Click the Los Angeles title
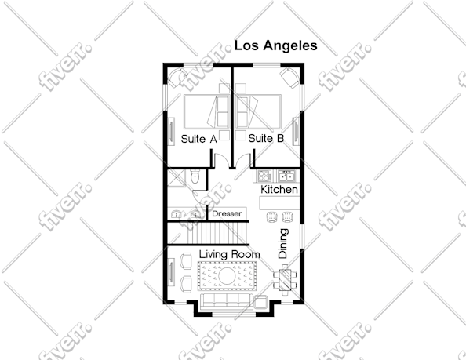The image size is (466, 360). click(x=276, y=45)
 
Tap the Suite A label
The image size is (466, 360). click(x=198, y=139)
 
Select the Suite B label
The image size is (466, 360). click(x=266, y=138)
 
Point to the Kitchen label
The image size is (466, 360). click(x=279, y=190)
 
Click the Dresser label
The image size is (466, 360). click(x=227, y=213)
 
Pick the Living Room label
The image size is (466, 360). click(x=229, y=254)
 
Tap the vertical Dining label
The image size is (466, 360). click(x=283, y=243)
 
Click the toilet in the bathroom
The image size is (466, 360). click(x=195, y=176)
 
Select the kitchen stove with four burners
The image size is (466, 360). click(x=264, y=176)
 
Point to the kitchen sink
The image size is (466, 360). click(x=286, y=176)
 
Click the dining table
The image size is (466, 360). click(x=286, y=280)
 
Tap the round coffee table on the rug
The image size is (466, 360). click(x=227, y=276)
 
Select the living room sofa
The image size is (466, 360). click(x=227, y=301)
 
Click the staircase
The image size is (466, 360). click(x=208, y=233)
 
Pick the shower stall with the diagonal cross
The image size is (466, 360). click(x=177, y=178)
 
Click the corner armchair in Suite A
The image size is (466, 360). click(x=177, y=77)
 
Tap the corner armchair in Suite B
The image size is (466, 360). click(x=289, y=78)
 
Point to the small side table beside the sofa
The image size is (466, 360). click(x=261, y=303)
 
